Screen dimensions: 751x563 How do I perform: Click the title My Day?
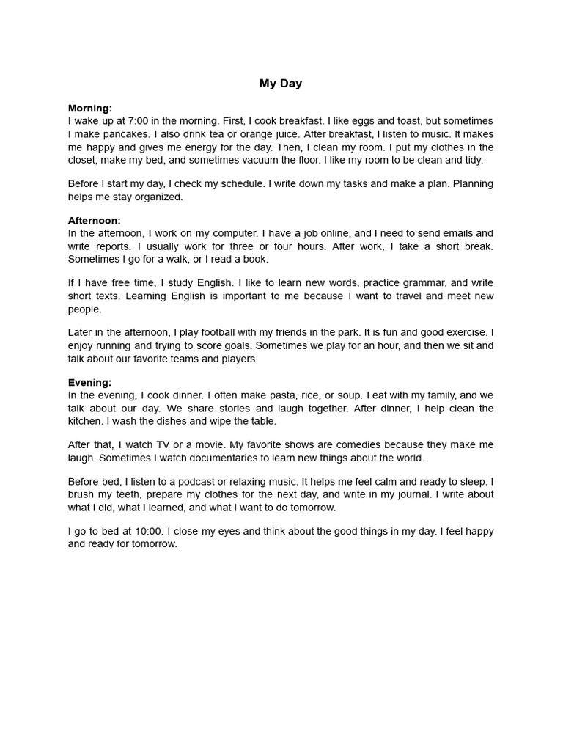(281, 84)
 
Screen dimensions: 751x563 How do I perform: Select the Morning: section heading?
(90, 109)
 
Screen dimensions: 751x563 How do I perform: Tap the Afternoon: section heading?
(95, 220)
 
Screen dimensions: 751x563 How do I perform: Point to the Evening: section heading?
(90, 382)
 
